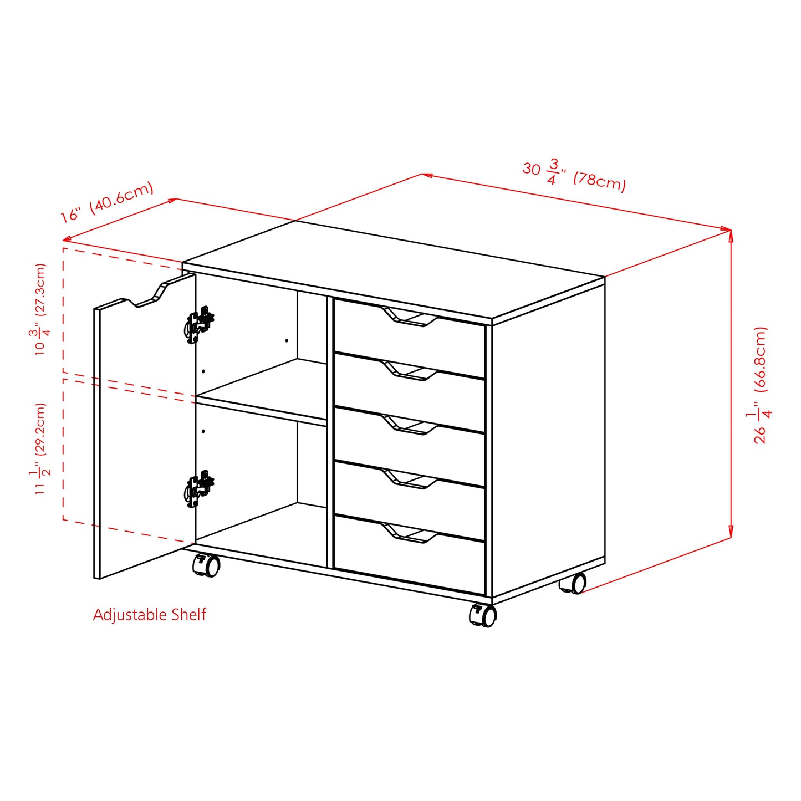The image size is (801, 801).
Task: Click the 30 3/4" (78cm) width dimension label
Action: (574, 175)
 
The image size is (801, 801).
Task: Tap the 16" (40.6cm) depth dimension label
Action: (107, 202)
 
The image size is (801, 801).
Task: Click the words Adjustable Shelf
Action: (149, 615)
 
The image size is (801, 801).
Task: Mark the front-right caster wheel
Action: (484, 615)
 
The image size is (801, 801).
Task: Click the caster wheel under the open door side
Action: (206, 565)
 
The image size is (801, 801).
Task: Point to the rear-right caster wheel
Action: (574, 584)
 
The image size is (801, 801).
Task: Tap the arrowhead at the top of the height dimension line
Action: (731, 235)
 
